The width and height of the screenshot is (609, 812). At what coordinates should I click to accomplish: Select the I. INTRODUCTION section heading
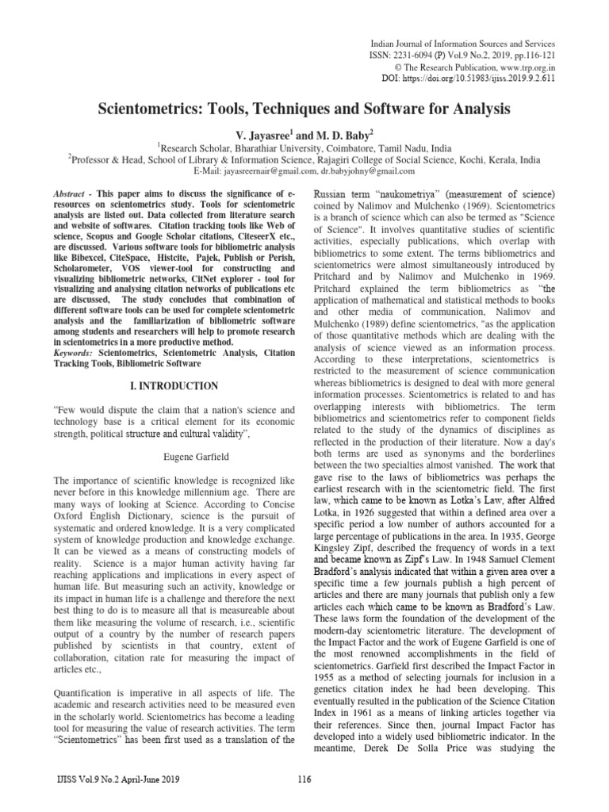[x=174, y=385]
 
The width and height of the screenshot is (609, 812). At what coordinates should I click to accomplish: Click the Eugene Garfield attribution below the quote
[x=174, y=457]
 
